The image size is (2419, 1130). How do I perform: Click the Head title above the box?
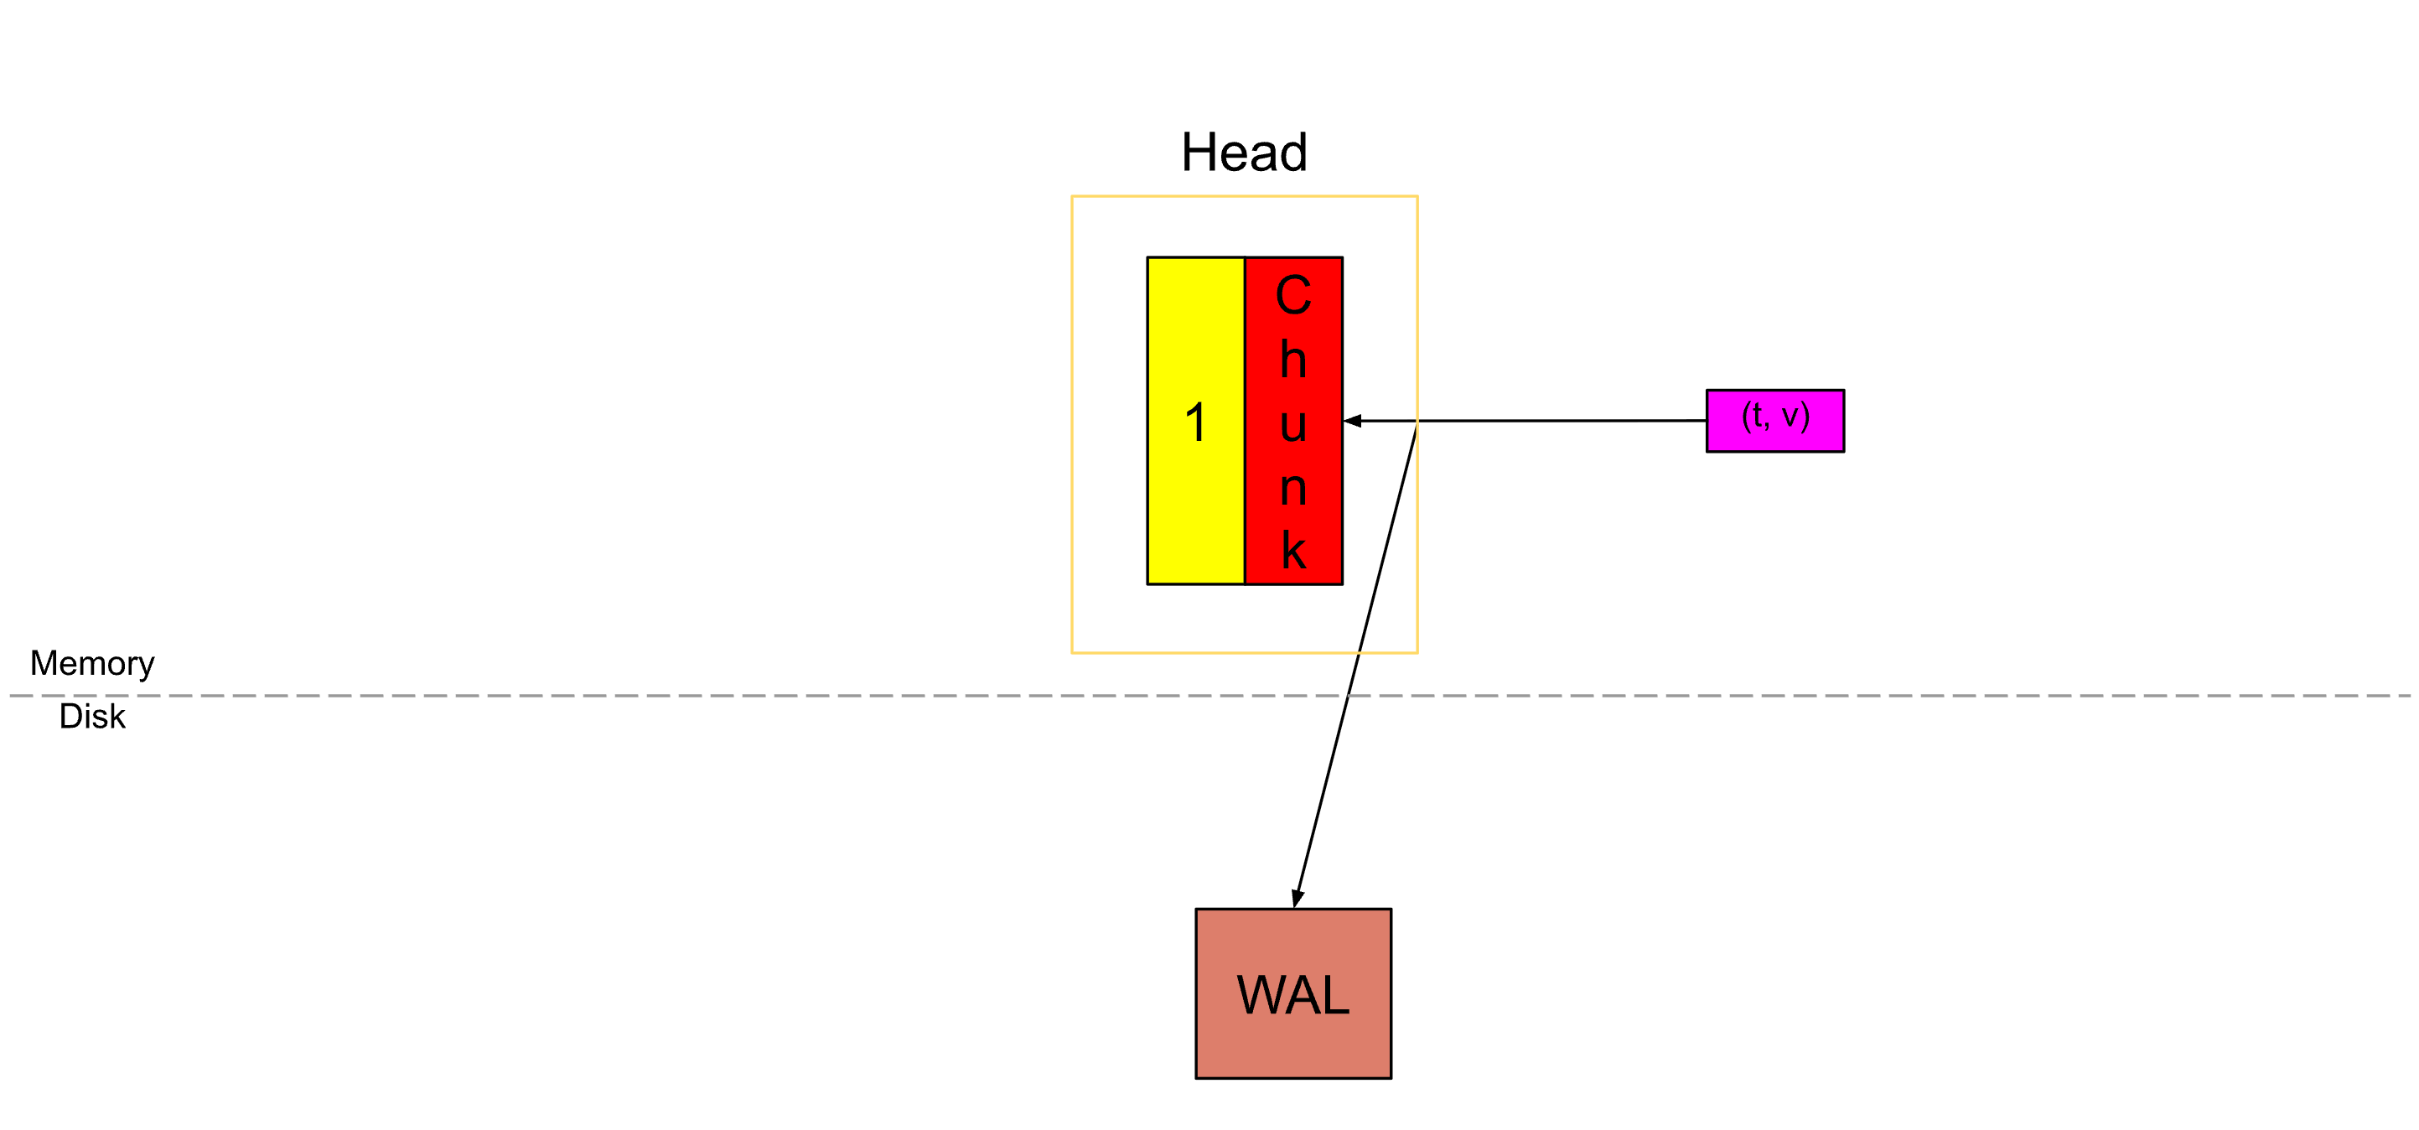tap(1243, 153)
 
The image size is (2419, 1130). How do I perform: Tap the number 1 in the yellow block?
tap(1195, 422)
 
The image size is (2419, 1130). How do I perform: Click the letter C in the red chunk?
tap(1293, 295)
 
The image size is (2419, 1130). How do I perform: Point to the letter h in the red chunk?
tap(1293, 359)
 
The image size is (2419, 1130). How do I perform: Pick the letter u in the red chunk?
tap(1293, 423)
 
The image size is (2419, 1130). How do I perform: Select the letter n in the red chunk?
tap(1293, 489)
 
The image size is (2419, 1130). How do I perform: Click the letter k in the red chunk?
tap(1294, 551)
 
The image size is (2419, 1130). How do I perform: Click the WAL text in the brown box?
tap(1293, 995)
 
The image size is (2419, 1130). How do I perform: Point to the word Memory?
tap(92, 663)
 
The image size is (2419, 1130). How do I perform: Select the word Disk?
tap(92, 716)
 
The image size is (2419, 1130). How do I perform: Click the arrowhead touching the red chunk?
tap(1352, 421)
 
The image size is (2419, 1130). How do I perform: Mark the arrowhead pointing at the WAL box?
tap(1297, 899)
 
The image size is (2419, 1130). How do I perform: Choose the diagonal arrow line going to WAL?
tap(1356, 662)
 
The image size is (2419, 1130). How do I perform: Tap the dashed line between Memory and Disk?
tap(657, 696)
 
